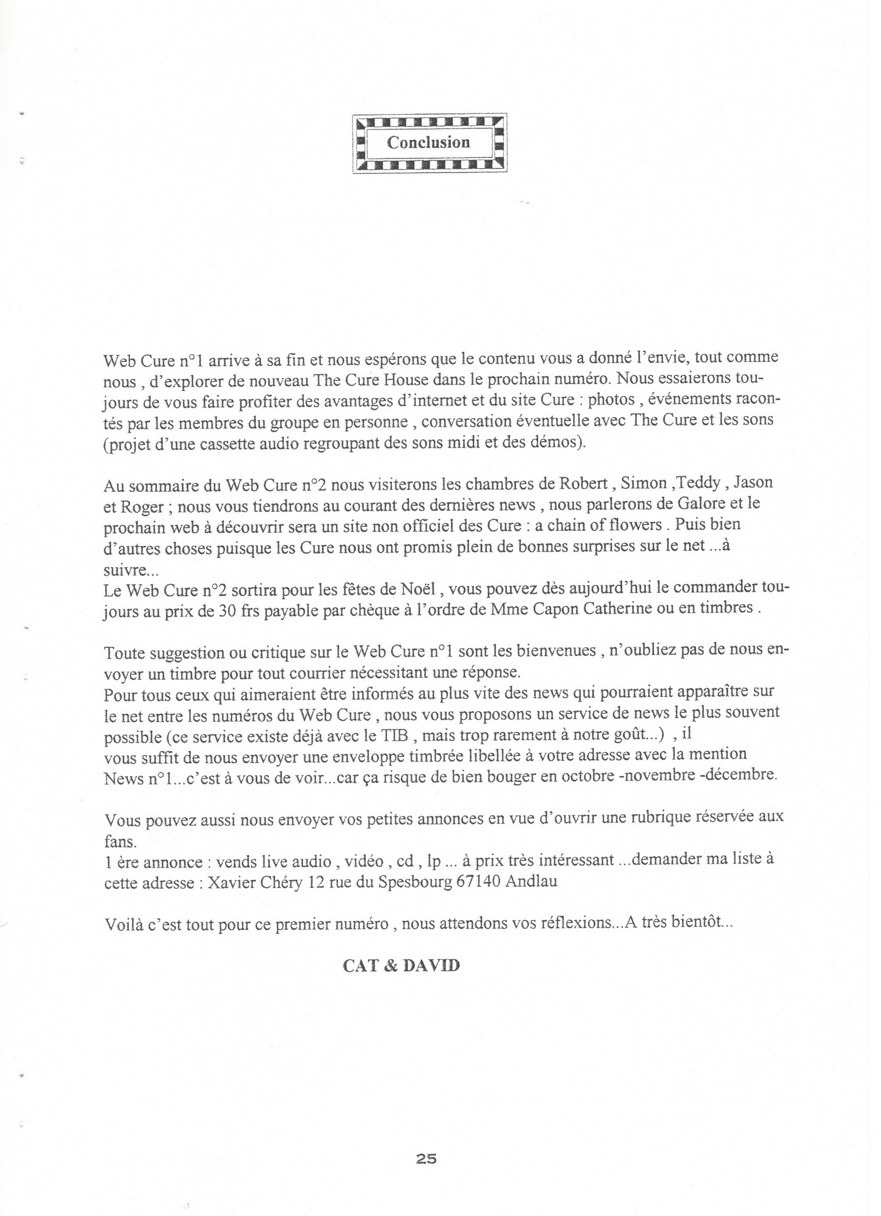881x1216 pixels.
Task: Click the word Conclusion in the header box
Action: click(x=428, y=142)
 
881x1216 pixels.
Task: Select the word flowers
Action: click(x=641, y=525)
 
